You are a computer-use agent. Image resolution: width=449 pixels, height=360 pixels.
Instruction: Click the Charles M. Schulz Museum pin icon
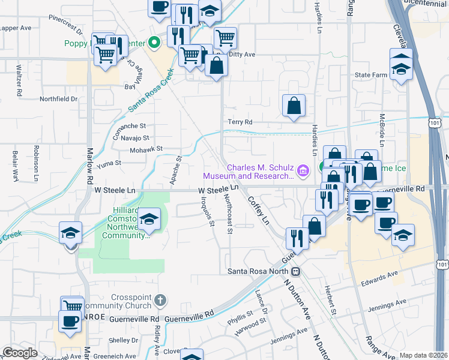(303, 172)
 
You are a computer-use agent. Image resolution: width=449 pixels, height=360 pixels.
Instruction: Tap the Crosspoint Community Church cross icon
(159, 299)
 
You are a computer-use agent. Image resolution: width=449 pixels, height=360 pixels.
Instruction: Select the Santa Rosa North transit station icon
(295, 271)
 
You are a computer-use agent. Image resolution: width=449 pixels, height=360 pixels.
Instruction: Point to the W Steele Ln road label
(219, 189)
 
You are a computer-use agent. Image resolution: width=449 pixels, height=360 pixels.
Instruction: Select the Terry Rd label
(240, 122)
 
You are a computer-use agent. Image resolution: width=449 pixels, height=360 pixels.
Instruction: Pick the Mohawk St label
(146, 149)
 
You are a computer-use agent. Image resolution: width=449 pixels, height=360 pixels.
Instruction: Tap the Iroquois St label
(208, 212)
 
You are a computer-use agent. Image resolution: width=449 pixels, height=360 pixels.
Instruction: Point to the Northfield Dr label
(59, 99)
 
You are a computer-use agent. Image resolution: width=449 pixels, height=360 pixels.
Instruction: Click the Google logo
(20, 353)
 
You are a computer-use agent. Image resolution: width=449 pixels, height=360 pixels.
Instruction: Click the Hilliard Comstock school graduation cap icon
(150, 219)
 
